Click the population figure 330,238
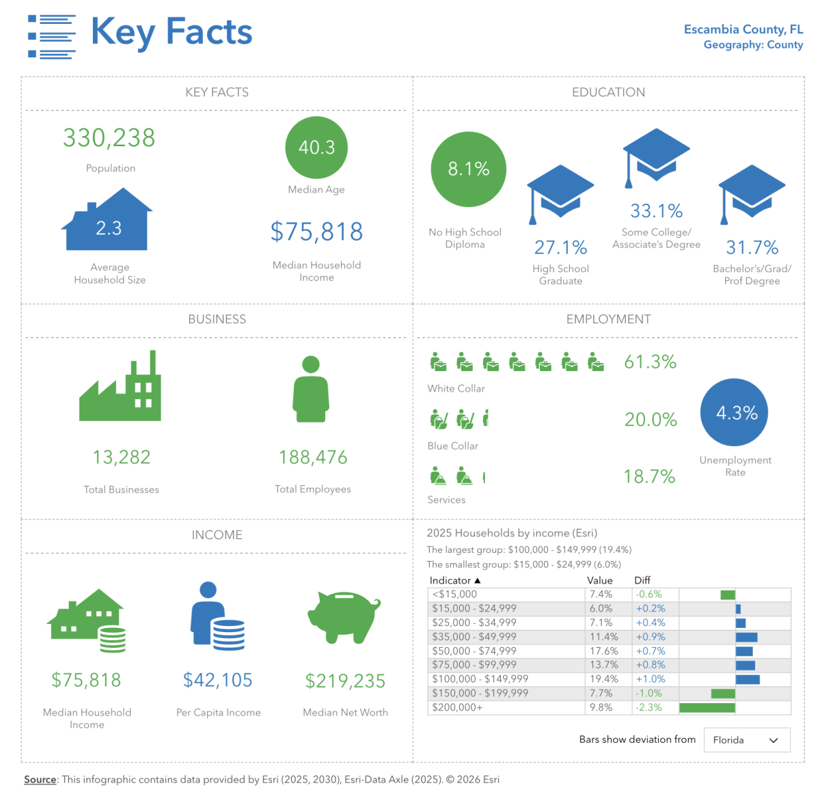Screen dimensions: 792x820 (x=109, y=138)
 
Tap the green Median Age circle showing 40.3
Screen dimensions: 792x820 (x=316, y=148)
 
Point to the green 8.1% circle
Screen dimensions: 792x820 (x=469, y=169)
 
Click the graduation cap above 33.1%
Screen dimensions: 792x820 (x=656, y=155)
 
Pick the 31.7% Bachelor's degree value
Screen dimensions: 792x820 (x=752, y=247)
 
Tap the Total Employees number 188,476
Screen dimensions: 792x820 (x=313, y=457)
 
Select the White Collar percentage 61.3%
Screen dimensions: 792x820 (x=650, y=362)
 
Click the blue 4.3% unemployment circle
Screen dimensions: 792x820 (x=735, y=413)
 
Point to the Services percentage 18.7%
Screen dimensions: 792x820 (x=649, y=477)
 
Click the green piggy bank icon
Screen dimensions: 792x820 (x=344, y=616)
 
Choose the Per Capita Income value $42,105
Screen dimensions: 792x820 (x=218, y=680)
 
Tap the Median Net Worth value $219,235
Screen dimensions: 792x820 (x=345, y=681)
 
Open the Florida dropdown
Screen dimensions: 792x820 (x=746, y=740)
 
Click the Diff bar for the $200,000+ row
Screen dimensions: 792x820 (x=707, y=708)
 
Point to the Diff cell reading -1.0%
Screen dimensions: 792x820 (x=648, y=693)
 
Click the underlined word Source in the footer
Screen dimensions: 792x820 (x=40, y=780)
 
